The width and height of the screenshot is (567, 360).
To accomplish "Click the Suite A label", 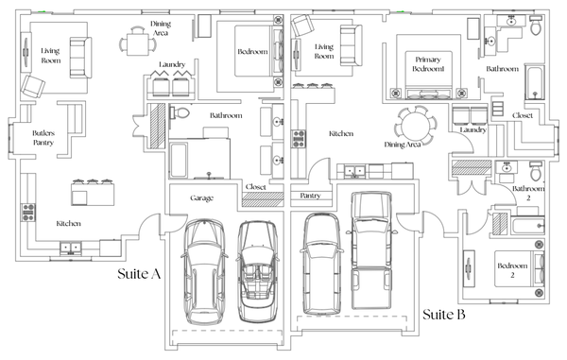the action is coord(139,274).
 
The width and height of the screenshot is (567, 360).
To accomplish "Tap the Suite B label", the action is coord(444,314).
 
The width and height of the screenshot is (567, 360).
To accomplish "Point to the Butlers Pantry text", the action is coord(43,138).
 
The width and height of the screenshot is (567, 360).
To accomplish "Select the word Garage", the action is coord(202,198).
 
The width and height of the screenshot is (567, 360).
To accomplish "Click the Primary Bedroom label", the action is coord(428,64).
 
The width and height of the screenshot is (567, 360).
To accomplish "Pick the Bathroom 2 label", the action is coord(528,193).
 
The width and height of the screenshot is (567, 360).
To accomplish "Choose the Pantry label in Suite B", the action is coord(310,196).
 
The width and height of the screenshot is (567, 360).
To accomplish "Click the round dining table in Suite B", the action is coord(415,125).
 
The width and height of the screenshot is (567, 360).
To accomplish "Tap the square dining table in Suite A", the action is coord(137,44).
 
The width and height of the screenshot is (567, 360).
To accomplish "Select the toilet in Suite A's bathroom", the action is coord(180,112).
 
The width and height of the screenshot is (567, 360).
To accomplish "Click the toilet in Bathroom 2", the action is coord(536,171).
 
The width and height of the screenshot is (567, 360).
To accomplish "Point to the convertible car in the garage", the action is coord(257,271).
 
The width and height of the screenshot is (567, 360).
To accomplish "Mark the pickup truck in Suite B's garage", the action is coord(371,250).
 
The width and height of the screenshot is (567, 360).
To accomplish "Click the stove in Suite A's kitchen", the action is coord(28,213).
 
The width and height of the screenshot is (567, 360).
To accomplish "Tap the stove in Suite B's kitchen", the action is coord(299,139).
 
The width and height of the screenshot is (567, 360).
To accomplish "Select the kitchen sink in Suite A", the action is coord(71,248).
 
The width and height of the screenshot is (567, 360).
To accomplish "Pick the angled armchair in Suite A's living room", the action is coord(33,86).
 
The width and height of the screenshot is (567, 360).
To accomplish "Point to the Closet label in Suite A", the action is coord(256,187).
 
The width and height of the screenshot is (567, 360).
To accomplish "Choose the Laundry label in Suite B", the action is coord(473,129).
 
